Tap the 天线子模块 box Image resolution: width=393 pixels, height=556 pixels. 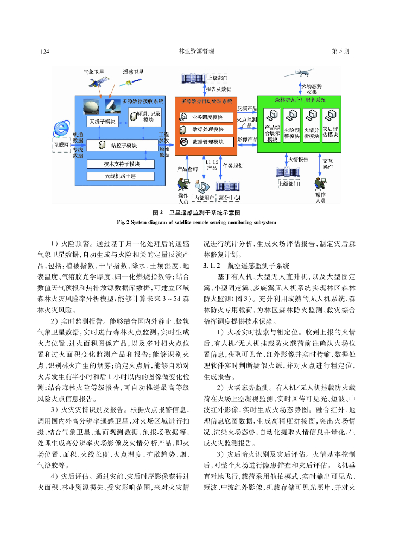(103, 121)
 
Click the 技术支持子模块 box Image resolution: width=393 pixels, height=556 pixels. (122, 164)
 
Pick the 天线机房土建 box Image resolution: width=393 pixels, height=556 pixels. (122, 176)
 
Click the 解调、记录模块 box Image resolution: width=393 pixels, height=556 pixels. (144, 116)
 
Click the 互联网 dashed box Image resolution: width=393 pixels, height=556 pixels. (61, 146)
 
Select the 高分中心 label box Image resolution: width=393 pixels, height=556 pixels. (229, 198)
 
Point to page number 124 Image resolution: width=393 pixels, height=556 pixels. (46, 51)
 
